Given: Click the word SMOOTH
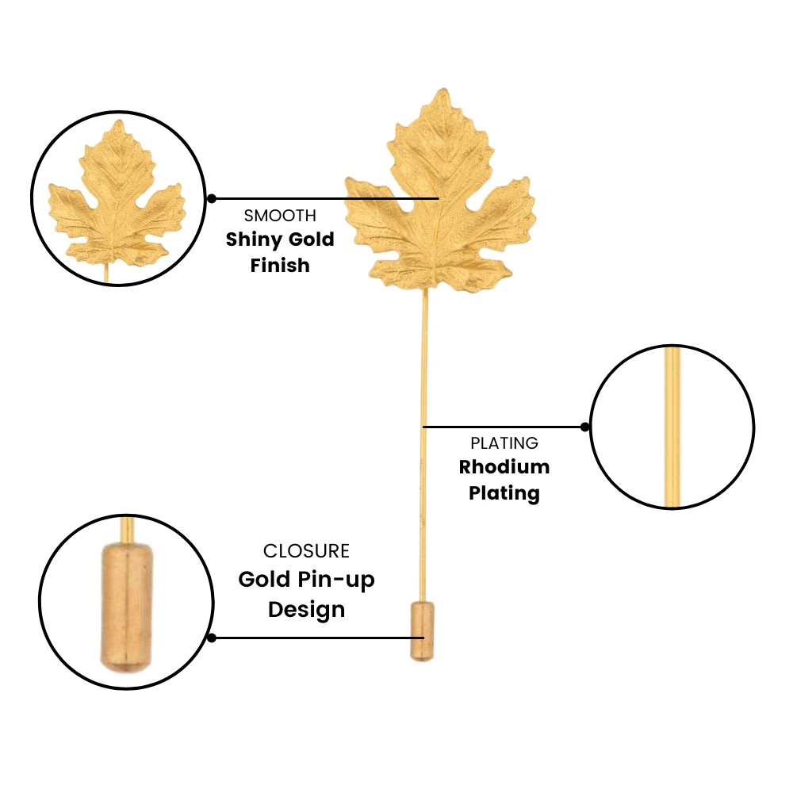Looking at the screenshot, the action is [280, 216].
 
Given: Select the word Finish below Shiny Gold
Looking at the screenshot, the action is [280, 265].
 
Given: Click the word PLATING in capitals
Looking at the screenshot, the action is [504, 443].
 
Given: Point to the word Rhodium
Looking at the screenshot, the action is [504, 467].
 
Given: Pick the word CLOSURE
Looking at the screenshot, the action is [306, 551].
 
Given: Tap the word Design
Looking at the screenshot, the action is [306, 610].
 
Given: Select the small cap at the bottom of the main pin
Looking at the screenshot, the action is [422, 631].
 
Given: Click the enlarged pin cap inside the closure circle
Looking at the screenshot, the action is [126, 607].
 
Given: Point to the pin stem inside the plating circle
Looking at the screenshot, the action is [672, 427].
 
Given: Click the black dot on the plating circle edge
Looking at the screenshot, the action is [585, 427].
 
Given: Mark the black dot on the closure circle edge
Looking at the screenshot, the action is [212, 638].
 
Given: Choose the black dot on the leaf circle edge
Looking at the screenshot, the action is [212, 199].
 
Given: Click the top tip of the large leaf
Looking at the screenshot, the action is [443, 89].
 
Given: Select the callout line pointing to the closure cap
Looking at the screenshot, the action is [318, 638].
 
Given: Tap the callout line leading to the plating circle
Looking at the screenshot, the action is [504, 427].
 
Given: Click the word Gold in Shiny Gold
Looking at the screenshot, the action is [311, 239].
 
